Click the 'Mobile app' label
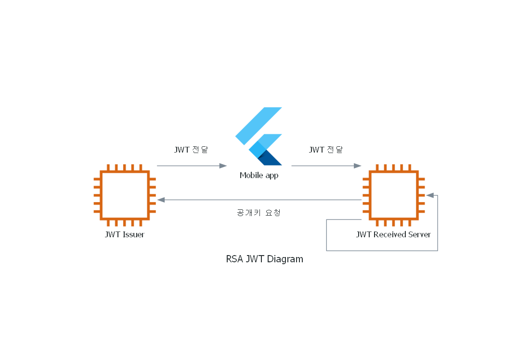(x=259, y=175)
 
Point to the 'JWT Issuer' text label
(x=125, y=235)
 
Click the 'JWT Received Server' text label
(x=393, y=235)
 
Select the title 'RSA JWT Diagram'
(x=265, y=259)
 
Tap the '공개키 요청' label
(x=259, y=212)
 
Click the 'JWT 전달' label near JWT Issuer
(x=191, y=150)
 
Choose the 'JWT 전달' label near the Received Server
(x=326, y=150)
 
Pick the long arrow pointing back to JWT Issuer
(x=260, y=199)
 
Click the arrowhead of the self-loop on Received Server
(x=430, y=195)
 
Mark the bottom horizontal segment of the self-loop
(x=382, y=251)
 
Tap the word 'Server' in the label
(x=419, y=235)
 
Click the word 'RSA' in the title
(x=234, y=259)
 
